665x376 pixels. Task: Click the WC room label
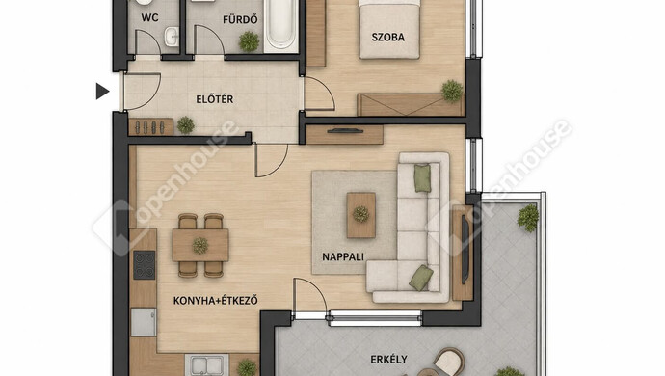(149, 17)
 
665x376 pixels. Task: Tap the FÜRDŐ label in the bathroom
(240, 19)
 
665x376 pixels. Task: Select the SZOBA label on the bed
(388, 37)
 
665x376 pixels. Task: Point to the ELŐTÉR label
(215, 99)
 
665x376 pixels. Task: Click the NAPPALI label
(343, 256)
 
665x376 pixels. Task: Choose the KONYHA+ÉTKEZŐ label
(216, 301)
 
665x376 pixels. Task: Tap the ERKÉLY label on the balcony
(389, 360)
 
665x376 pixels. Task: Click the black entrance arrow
(102, 92)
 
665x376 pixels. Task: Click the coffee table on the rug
(360, 215)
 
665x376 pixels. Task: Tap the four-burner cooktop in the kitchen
(145, 265)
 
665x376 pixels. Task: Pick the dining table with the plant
(200, 245)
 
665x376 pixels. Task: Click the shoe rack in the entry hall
(150, 127)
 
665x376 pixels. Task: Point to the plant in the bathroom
(249, 41)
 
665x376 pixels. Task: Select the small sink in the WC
(172, 37)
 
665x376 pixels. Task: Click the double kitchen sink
(207, 365)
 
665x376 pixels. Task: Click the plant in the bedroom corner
(452, 91)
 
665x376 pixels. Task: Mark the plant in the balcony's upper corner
(528, 218)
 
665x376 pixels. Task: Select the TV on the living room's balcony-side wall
(465, 250)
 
